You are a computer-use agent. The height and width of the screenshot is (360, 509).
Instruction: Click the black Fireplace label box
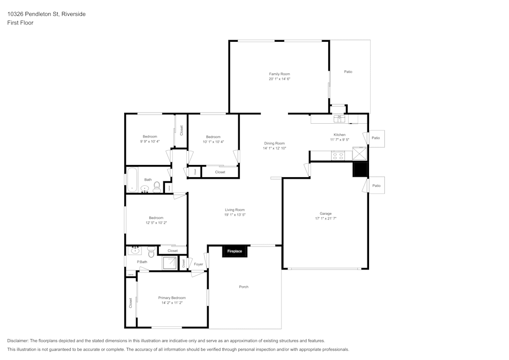[x=235, y=251]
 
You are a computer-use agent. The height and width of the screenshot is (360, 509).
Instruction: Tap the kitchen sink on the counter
[x=339, y=119]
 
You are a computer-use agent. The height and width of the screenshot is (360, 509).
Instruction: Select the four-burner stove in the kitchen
[x=337, y=156]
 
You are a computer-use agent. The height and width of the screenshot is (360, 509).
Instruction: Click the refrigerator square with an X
[x=360, y=153]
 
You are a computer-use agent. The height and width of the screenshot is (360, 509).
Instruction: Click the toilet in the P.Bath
[x=151, y=251]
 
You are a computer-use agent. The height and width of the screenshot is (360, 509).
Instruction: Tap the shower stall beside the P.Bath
[x=169, y=263]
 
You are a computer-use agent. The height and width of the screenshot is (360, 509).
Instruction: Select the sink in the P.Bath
[x=135, y=250]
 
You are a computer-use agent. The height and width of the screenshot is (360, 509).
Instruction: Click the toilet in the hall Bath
[x=157, y=187]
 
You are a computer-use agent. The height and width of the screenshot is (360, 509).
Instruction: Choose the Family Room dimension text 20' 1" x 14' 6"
[x=279, y=79]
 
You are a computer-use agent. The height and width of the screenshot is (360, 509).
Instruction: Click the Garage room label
[x=326, y=213]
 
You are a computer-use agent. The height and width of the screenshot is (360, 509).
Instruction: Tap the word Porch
[x=244, y=287]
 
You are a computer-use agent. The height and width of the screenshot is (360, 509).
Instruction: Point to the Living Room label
[x=235, y=210]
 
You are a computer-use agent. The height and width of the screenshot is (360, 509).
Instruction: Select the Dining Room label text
[x=274, y=144]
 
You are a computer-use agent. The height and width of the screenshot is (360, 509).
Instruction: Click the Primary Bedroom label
[x=172, y=298]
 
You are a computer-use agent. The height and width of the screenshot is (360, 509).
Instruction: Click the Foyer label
[x=199, y=264]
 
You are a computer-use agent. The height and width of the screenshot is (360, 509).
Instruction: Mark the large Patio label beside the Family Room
[x=348, y=72]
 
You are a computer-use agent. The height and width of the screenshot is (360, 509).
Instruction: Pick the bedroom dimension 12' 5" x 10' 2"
[x=156, y=223]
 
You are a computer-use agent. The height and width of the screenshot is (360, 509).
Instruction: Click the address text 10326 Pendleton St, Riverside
[x=46, y=14]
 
